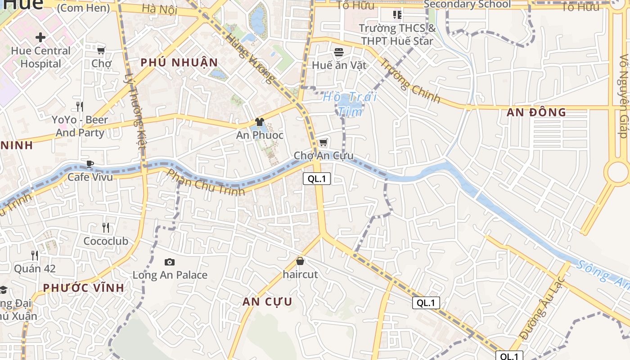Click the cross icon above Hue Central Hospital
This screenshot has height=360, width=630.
(x=40, y=37)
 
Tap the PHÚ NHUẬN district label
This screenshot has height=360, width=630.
(x=179, y=63)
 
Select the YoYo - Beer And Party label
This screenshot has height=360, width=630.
(x=80, y=126)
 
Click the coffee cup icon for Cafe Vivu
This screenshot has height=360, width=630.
(x=90, y=164)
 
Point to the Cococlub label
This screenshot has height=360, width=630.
(x=106, y=241)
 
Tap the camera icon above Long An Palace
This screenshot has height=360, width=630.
(x=170, y=262)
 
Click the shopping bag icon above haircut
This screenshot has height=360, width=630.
(x=300, y=261)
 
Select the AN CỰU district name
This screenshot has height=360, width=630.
(x=267, y=301)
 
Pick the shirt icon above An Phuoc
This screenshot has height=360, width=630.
(x=260, y=122)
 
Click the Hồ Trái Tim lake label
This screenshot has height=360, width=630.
(x=350, y=104)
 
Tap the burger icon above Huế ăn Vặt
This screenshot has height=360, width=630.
(x=339, y=52)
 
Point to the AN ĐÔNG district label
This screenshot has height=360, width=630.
(x=536, y=112)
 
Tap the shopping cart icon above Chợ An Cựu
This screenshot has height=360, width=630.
(x=323, y=143)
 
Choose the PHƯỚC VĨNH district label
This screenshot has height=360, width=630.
(x=83, y=288)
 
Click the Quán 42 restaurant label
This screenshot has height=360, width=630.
(x=35, y=269)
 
